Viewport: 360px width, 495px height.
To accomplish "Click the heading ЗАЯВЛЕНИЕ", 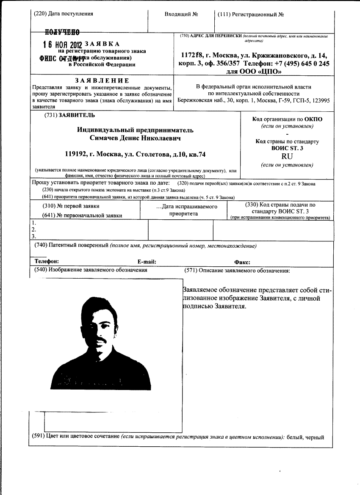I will pyautogui.click(x=102, y=80).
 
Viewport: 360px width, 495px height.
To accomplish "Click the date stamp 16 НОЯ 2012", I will pyautogui.click(x=63, y=44).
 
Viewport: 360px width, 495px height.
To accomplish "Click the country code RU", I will pyautogui.click(x=287, y=156).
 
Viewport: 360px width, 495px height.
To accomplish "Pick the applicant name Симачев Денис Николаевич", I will pyautogui.click(x=135, y=138).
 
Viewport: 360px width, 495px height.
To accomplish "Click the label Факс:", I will pyautogui.click(x=242, y=263).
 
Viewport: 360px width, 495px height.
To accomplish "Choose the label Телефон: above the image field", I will pyautogui.click(x=46, y=262).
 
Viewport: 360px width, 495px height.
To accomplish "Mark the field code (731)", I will pyautogui.click(x=50, y=115).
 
